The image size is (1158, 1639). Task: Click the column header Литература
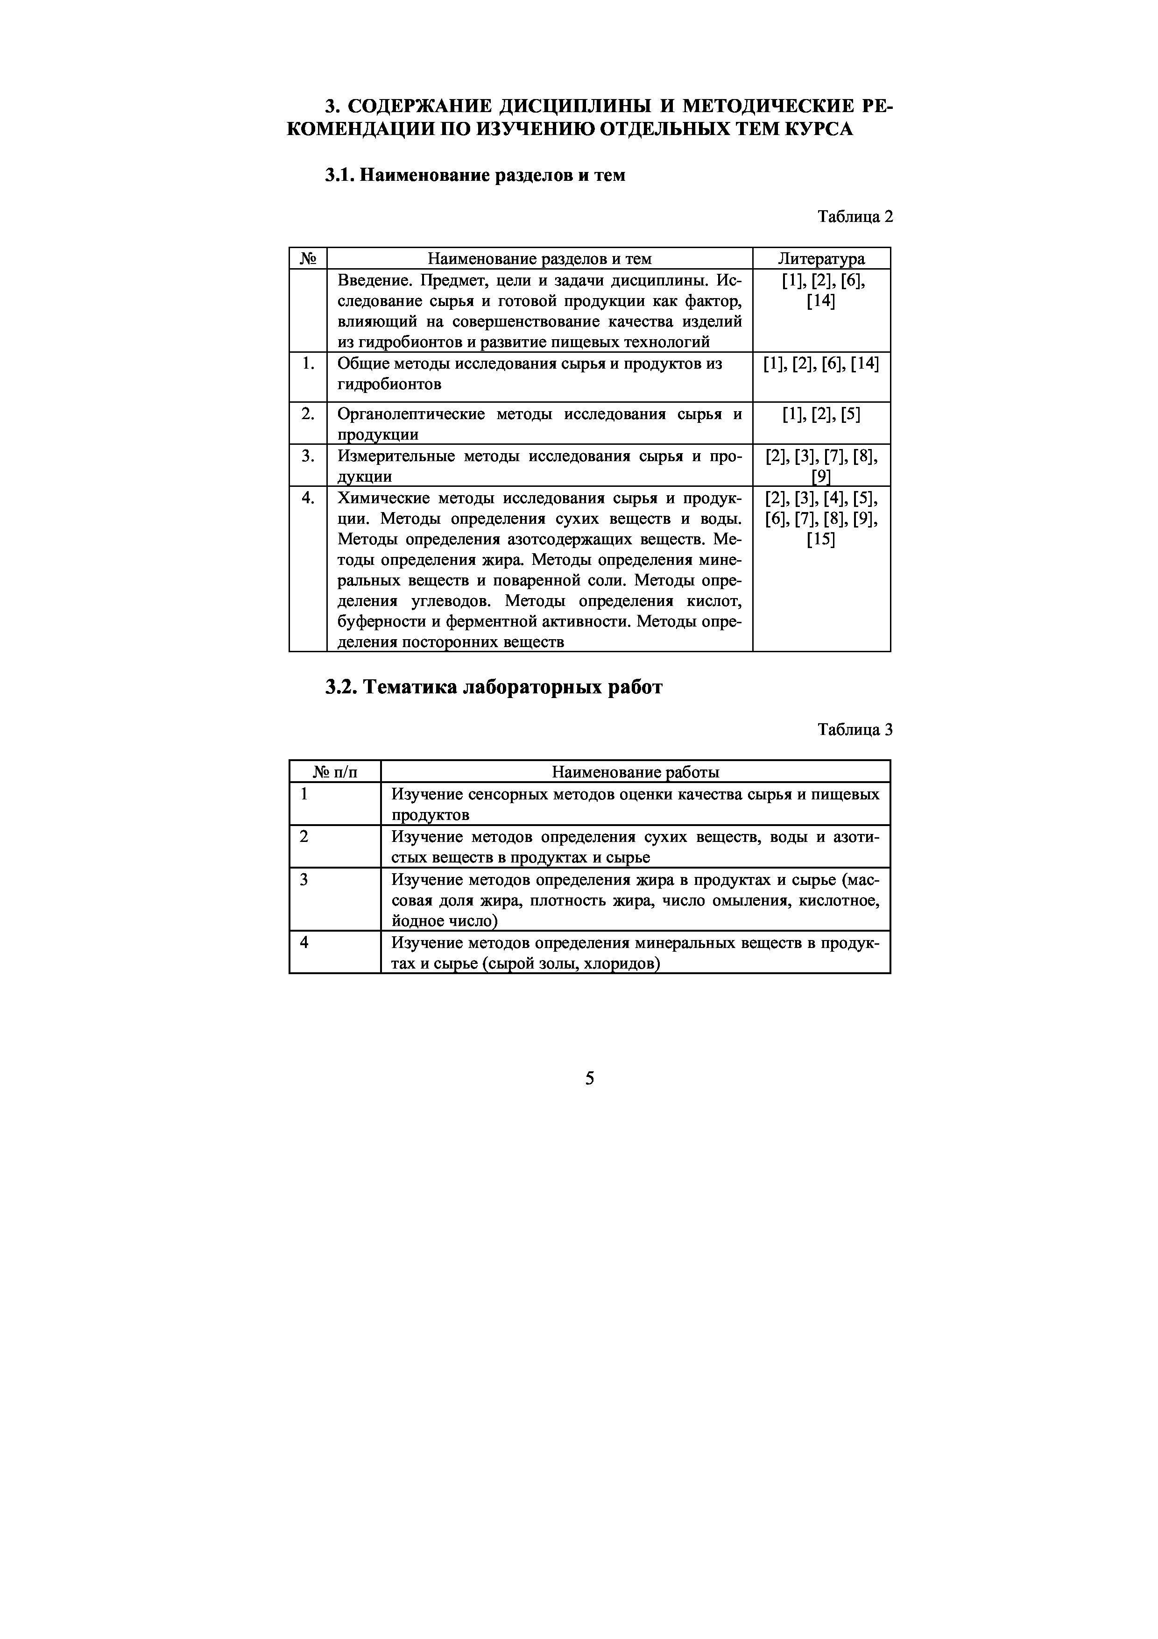tap(821, 258)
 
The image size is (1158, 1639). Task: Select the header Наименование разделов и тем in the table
tap(539, 258)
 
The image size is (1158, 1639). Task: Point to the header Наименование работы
tap(635, 772)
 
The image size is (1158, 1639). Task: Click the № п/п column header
tap(335, 772)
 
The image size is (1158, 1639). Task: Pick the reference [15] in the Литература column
tap(821, 539)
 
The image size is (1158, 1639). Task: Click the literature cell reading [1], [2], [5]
tap(821, 414)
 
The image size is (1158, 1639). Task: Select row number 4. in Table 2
tap(308, 498)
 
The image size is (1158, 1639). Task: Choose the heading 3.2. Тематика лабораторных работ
tap(494, 687)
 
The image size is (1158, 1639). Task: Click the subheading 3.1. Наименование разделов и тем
tap(475, 175)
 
